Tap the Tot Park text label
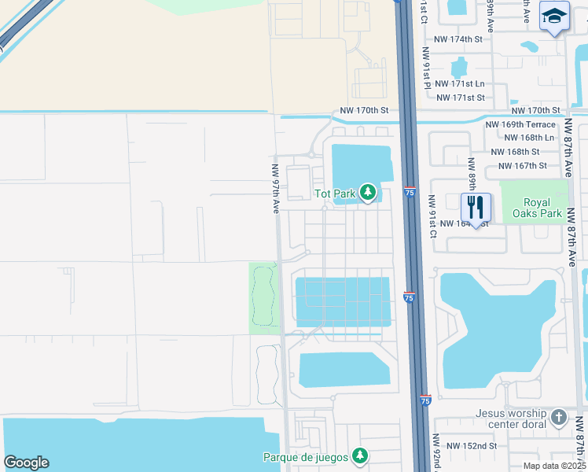[x=336, y=194]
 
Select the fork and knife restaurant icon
[x=476, y=208]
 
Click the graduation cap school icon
[x=554, y=17]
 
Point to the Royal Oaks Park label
[x=537, y=208]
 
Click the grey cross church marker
[x=559, y=418]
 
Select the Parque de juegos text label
[x=305, y=456]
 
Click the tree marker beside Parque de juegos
[x=360, y=455]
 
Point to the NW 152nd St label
[x=471, y=446]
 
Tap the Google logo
[x=26, y=463]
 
